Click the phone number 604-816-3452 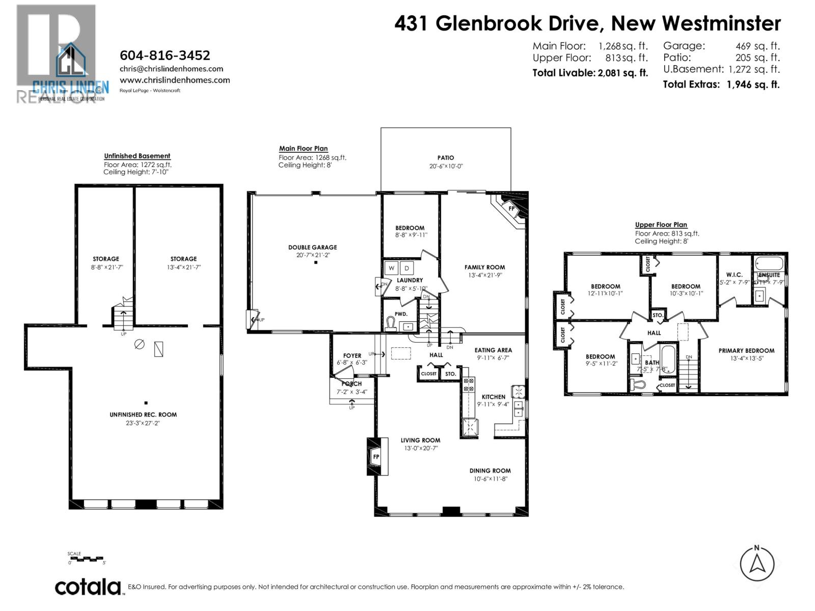point(165,55)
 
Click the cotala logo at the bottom point(89,587)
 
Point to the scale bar point(87,559)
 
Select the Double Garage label point(312,247)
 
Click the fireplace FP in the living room point(376,456)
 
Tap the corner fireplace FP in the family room point(511,208)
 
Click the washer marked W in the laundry point(392,268)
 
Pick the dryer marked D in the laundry point(407,268)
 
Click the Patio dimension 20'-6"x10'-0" point(445,166)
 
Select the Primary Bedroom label point(746,350)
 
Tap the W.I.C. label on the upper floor point(734,274)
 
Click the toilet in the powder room point(391,324)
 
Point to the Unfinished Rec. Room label point(143,414)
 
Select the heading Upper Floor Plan point(661,225)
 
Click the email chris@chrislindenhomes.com point(171,69)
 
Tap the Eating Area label point(493,350)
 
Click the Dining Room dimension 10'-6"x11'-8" point(490,479)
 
